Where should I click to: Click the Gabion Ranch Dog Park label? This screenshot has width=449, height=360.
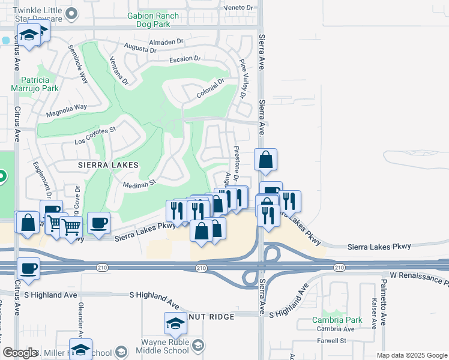149,20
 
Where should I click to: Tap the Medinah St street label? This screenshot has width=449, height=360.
140,182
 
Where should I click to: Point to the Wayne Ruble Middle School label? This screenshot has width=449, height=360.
165,346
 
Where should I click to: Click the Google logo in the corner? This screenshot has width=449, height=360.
20,353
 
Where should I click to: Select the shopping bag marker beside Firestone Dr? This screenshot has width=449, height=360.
265,160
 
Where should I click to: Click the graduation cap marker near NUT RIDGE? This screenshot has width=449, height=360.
175,323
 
